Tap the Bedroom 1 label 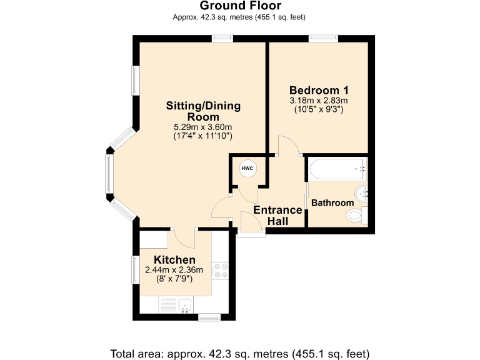(319, 90)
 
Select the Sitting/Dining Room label (203, 111)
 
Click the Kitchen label (175, 260)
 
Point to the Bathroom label (332, 203)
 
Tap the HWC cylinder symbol (247, 168)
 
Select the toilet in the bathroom (355, 216)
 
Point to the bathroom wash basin (361, 192)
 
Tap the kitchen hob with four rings (221, 270)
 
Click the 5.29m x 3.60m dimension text (203, 127)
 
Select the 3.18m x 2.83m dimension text (319, 101)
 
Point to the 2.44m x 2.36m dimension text (174, 270)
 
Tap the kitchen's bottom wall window (209, 317)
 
